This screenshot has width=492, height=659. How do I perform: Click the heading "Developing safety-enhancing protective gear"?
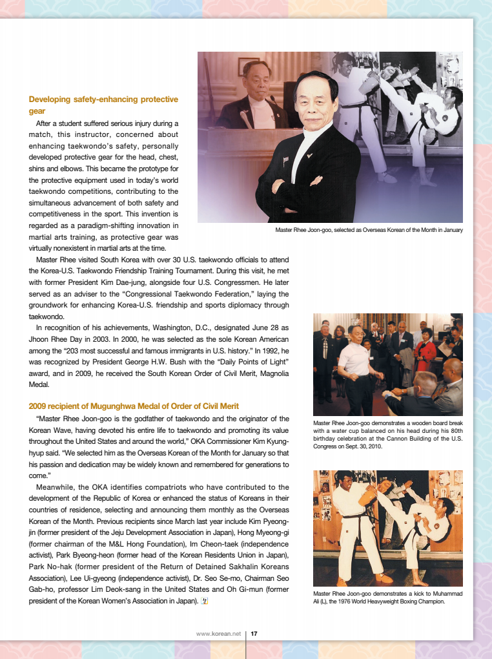[103, 105]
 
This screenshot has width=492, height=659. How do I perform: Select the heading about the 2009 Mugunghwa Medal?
[134, 406]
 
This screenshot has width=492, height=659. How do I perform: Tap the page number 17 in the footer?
[254, 633]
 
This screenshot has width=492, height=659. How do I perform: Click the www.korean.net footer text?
[218, 633]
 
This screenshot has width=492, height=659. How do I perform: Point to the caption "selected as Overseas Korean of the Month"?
[369, 230]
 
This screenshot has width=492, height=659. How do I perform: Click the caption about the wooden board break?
[387, 435]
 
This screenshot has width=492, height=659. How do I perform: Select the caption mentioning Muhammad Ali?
[387, 597]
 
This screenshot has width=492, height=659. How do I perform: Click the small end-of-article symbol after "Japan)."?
[205, 600]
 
